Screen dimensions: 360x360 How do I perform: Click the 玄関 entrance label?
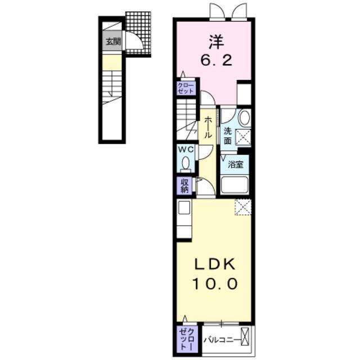pyautogui.click(x=113, y=42)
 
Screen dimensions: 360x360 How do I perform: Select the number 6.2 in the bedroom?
pyautogui.click(x=216, y=60)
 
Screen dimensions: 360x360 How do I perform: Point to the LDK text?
pyautogui.click(x=215, y=264)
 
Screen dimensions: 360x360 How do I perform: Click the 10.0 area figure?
pyautogui.click(x=215, y=283)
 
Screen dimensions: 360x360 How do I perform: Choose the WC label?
pyautogui.click(x=186, y=150)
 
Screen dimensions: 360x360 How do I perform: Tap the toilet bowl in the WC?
pyautogui.click(x=186, y=164)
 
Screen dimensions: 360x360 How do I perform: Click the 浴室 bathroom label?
pyautogui.click(x=235, y=164)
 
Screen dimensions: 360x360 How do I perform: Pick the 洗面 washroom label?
pyautogui.click(x=227, y=136)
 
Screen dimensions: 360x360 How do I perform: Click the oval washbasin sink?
pyautogui.click(x=245, y=118)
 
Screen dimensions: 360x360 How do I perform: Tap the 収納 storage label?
pyautogui.click(x=185, y=186)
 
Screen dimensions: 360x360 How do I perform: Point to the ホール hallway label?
pyautogui.click(x=208, y=127)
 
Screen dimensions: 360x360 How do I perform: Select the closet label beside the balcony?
pyautogui.click(x=187, y=339)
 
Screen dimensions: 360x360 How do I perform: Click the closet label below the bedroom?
pyautogui.click(x=186, y=88)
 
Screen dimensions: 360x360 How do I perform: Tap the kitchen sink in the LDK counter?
pyautogui.click(x=184, y=208)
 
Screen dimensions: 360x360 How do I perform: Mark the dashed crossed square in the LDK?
pyautogui.click(x=243, y=207)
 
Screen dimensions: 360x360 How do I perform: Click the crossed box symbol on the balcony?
pyautogui.click(x=245, y=336)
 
